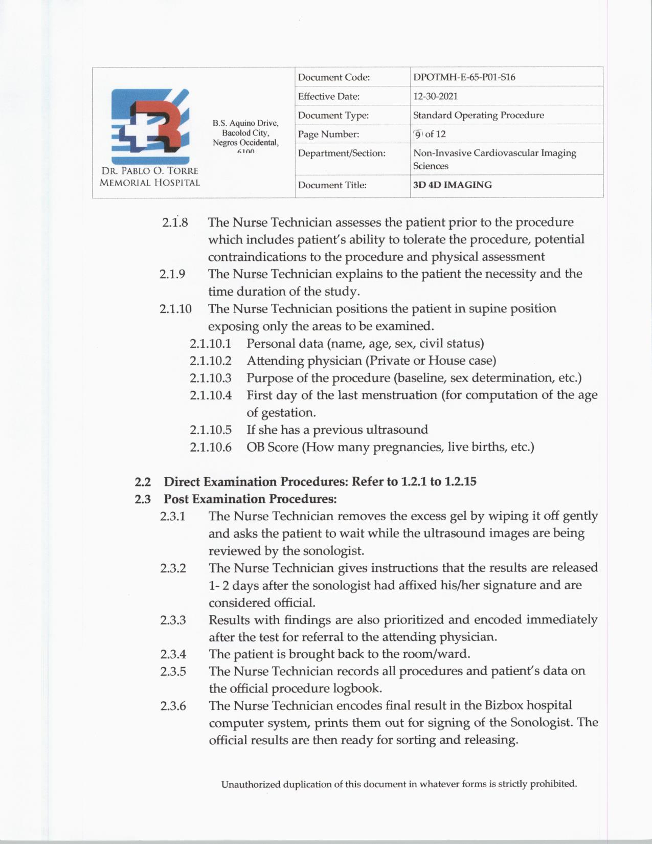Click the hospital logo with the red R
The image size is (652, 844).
coord(150,126)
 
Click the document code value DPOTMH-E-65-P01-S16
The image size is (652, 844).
coord(464,77)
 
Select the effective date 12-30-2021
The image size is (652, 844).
coord(435,96)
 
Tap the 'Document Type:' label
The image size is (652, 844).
coord(333,116)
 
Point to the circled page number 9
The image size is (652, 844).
coord(418,134)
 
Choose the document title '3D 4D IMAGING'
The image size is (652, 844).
coord(452,185)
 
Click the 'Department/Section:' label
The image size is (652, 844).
coord(342,153)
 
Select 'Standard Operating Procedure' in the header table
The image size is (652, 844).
coord(478,115)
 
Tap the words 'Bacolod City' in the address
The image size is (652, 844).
coord(245,133)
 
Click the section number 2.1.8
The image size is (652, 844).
coord(175,223)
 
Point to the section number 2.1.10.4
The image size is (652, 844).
coord(210,395)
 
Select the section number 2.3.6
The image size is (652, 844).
coord(173,706)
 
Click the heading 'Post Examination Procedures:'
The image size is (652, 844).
coord(250,499)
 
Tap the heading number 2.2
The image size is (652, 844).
coord(143,482)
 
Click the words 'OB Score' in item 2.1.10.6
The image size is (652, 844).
coord(272,447)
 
